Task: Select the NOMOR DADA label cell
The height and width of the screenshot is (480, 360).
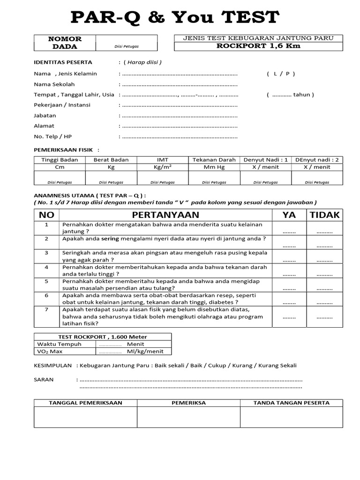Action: [x=65, y=43]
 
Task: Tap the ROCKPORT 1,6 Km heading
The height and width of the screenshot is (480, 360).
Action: [x=258, y=46]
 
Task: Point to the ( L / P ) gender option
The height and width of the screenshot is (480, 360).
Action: [x=281, y=74]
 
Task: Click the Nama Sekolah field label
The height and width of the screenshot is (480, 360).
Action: [x=54, y=84]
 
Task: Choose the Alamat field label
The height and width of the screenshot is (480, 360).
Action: [x=44, y=126]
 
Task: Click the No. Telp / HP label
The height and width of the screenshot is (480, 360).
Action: [x=52, y=136]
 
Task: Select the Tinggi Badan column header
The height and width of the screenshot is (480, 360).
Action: [x=60, y=160]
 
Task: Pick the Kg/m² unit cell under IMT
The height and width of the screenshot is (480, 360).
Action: [x=163, y=167]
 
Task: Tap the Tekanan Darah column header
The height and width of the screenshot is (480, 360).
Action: [x=214, y=160]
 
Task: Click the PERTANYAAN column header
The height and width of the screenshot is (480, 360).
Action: [x=165, y=215]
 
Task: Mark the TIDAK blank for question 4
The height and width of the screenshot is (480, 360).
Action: [x=324, y=274]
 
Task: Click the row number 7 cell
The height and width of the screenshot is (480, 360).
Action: [x=47, y=309]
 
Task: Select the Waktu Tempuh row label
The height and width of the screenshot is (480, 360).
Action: [x=59, y=344]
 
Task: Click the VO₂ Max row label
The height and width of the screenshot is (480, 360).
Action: [x=50, y=351]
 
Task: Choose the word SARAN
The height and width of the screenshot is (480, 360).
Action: [x=44, y=379]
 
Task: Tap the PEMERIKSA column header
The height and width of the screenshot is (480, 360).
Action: [x=188, y=403]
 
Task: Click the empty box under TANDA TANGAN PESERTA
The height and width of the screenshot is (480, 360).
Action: [x=291, y=417]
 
